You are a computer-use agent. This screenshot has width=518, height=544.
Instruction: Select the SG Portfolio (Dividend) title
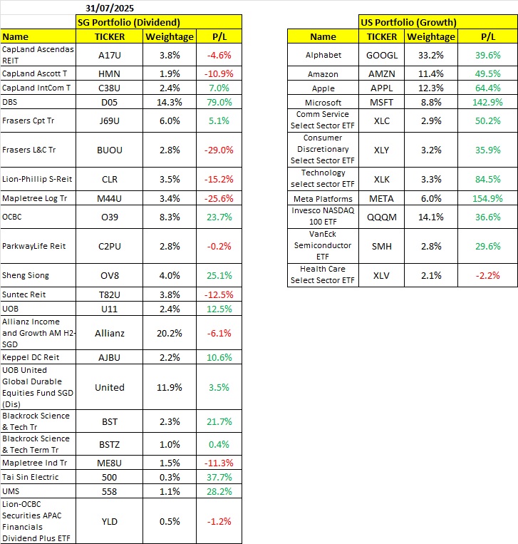point(128,22)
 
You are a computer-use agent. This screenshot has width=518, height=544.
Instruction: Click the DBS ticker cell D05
point(110,102)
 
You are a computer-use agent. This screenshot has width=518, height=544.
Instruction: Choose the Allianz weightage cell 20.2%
point(169,333)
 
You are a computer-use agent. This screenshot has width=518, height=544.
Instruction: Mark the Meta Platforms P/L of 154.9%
point(488,198)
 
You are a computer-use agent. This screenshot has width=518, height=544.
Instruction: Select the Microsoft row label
point(323,103)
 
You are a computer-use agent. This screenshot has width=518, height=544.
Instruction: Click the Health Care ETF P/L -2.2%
point(488,275)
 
